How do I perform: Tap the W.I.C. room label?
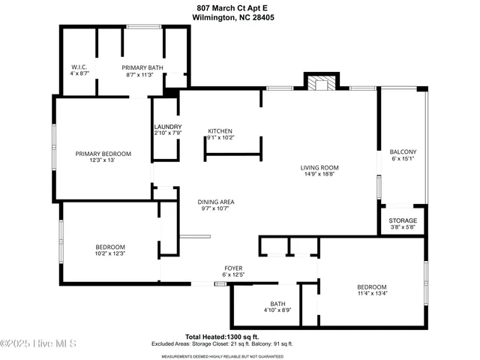(79, 67)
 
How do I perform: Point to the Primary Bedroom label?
(103, 154)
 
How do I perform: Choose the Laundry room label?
(168, 126)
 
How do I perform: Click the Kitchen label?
(220, 130)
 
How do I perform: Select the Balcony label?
(403, 152)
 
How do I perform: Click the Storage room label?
(402, 220)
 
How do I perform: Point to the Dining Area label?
(217, 202)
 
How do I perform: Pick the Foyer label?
(233, 268)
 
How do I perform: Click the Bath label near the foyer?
(277, 304)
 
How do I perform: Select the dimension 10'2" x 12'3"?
(109, 253)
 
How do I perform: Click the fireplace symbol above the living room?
(322, 83)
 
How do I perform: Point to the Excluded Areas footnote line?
(239, 343)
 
